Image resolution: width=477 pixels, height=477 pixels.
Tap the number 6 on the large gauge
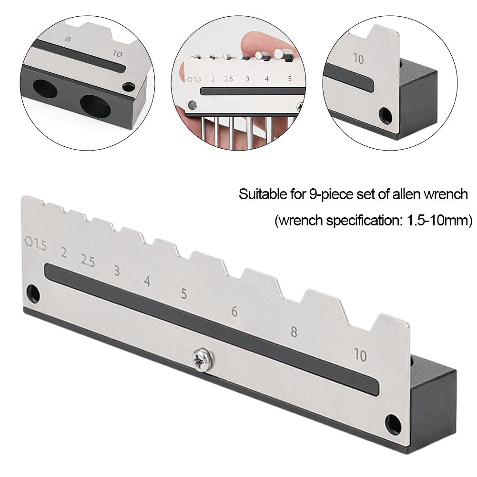coord(234,312)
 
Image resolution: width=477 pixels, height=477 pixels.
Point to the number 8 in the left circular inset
coord(67,39)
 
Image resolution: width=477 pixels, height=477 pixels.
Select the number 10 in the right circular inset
coord(358,59)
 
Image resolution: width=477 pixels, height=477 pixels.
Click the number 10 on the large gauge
coord(360,355)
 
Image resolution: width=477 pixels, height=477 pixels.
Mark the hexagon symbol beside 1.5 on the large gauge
coord(30,242)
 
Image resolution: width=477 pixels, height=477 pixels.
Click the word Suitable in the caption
coord(256,195)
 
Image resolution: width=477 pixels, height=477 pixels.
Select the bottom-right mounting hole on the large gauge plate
coord(394,423)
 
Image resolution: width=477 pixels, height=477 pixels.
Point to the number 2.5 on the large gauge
coord(88,261)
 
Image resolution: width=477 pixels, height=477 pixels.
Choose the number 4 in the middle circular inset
coord(266,79)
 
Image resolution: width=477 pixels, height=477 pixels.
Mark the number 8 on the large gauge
coord(294,332)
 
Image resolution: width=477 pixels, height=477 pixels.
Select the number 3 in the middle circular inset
coord(247,79)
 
